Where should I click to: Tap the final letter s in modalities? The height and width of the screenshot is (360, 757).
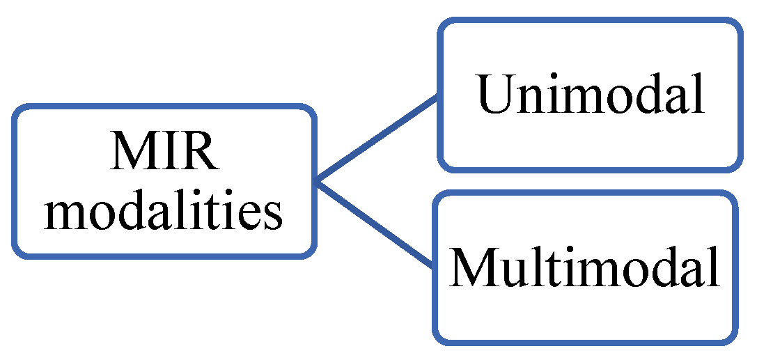click(x=274, y=215)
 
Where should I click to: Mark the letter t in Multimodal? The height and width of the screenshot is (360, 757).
click(x=554, y=269)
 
